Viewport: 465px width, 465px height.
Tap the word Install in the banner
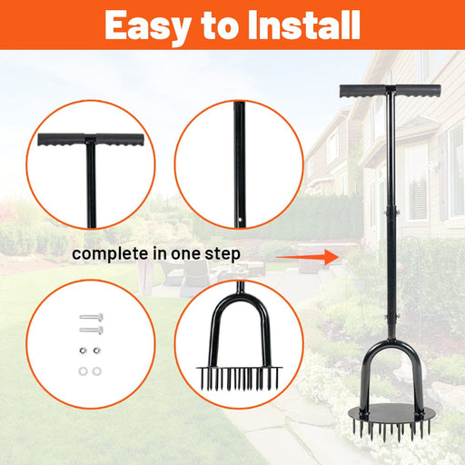tap(303, 25)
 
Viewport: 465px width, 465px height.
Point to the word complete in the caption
tap(112, 254)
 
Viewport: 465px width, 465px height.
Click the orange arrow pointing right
tap(308, 257)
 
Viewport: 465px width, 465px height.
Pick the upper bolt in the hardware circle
tap(91, 318)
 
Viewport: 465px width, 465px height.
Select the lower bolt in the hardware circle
tap(91, 330)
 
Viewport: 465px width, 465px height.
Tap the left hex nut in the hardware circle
tap(83, 351)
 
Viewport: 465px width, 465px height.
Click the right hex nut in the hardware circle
tap(96, 351)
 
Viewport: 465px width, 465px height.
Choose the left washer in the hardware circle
tap(83, 371)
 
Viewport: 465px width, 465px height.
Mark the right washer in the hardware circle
tap(97, 371)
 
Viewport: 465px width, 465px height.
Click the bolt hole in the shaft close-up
tap(240, 219)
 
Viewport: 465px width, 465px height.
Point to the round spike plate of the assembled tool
tap(392, 413)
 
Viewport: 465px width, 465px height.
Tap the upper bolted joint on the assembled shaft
tap(391, 213)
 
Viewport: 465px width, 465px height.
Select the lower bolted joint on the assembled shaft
tap(391, 317)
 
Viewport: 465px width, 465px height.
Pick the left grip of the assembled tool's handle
tap(362, 92)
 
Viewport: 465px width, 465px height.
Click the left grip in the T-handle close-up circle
tap(62, 140)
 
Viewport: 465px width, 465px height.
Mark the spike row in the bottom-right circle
tap(240, 379)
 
